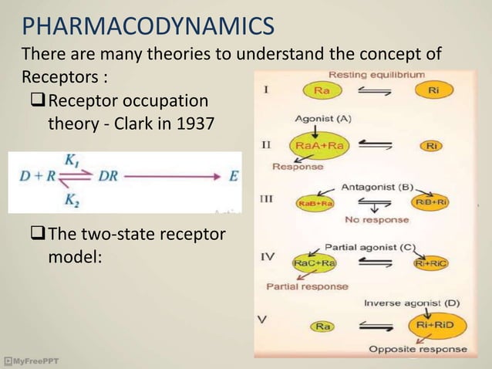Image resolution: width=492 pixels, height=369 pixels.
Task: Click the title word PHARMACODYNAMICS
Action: (x=147, y=29)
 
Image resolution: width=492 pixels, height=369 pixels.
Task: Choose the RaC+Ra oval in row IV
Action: (x=313, y=264)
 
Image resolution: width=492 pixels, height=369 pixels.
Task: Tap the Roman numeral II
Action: (x=265, y=144)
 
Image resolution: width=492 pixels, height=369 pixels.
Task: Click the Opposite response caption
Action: (x=417, y=349)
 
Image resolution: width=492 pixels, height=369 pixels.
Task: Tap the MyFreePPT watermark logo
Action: (x=31, y=361)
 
